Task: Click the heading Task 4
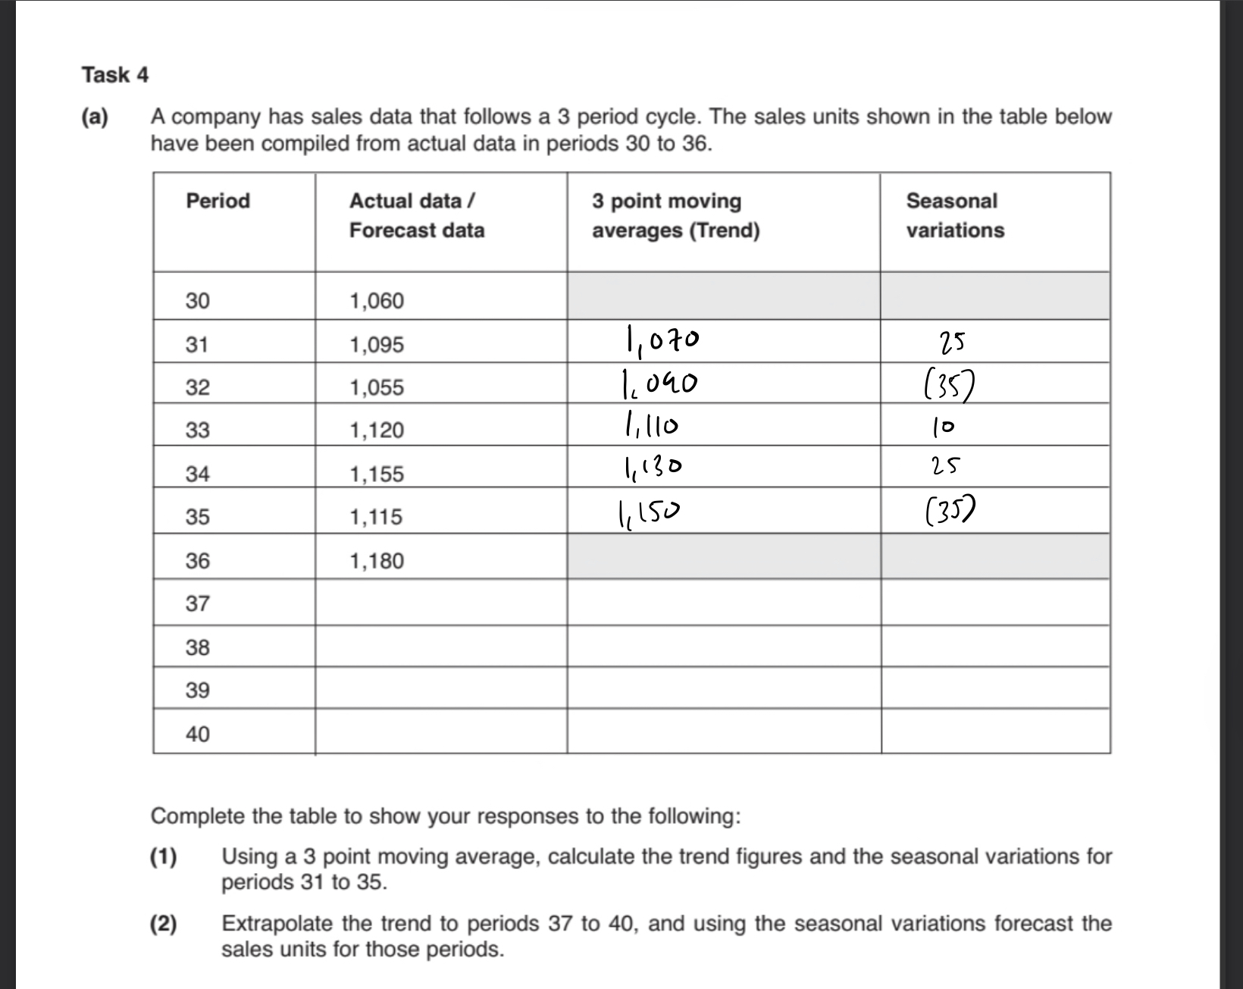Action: click(x=115, y=75)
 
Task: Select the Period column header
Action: click(x=218, y=201)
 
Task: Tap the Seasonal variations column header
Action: click(x=954, y=215)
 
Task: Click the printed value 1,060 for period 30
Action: click(x=376, y=301)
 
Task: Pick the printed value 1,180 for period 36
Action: click(x=376, y=561)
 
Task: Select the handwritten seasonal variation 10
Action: click(x=944, y=428)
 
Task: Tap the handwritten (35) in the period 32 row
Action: click(x=948, y=388)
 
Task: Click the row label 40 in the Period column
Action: click(x=197, y=734)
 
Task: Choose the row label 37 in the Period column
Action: click(x=197, y=604)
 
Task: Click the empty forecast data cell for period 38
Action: click(x=440, y=646)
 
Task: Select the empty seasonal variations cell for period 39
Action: click(x=995, y=688)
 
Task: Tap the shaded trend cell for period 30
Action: click(x=723, y=296)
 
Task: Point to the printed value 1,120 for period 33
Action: click(x=376, y=430)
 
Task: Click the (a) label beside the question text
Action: click(x=95, y=117)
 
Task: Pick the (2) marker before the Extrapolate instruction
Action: click(x=163, y=924)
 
